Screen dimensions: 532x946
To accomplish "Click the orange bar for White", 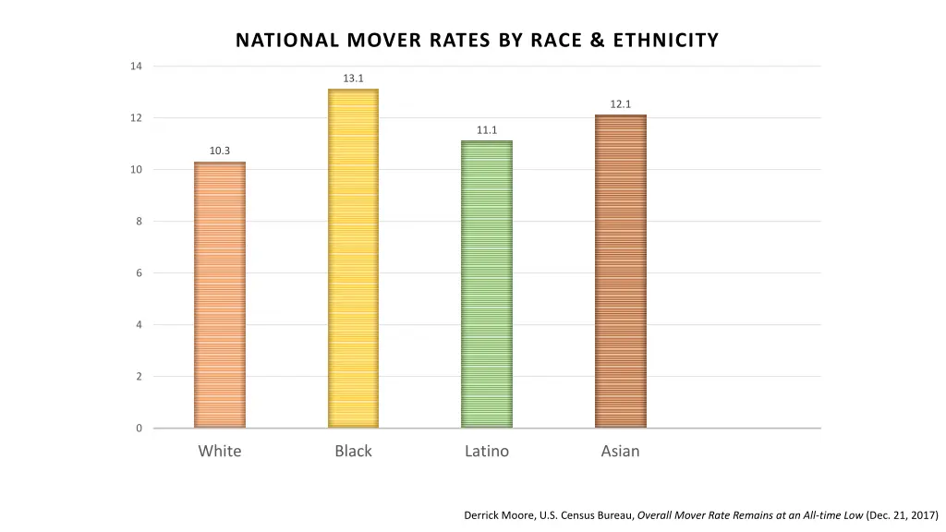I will tap(220, 296).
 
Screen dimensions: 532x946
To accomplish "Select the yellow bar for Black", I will tap(354, 259).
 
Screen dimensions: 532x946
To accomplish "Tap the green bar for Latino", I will tap(487, 284).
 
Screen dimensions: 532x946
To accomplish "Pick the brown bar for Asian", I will tap(621, 272).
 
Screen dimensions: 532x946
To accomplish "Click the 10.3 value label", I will tap(220, 151).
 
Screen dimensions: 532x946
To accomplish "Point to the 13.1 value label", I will tap(354, 79).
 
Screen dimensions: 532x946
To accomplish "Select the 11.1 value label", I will tap(487, 130).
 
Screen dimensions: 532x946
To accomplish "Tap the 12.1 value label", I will tap(621, 104).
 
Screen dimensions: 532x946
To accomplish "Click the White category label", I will tap(220, 451).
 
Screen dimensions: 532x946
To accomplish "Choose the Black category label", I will tap(353, 451).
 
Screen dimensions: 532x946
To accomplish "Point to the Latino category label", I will tap(487, 451).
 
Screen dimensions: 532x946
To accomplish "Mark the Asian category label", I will tap(620, 451).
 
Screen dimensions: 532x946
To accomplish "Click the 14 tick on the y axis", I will tap(137, 66).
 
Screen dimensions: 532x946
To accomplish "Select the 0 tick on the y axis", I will tap(139, 429).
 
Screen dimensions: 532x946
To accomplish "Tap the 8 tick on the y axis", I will tap(139, 222).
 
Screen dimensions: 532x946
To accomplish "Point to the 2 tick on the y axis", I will tap(139, 377).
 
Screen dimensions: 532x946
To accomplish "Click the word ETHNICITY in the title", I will tap(659, 41).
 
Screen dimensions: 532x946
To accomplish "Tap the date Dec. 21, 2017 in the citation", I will tap(902, 515).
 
